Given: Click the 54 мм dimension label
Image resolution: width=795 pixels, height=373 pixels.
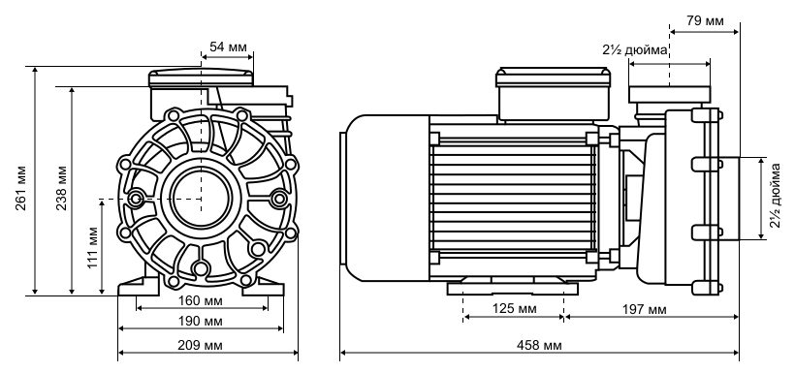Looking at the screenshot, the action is pyautogui.click(x=228, y=47).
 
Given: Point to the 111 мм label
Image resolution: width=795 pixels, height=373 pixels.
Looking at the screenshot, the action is pyautogui.click(x=92, y=247).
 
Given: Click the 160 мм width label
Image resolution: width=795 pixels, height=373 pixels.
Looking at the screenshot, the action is pyautogui.click(x=200, y=300).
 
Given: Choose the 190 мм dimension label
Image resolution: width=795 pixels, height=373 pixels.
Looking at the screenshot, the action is pyautogui.click(x=200, y=321).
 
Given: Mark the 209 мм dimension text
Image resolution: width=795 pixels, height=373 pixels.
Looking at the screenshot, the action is pyautogui.click(x=200, y=345).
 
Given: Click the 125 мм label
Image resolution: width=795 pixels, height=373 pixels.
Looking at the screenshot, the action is pyautogui.click(x=514, y=308).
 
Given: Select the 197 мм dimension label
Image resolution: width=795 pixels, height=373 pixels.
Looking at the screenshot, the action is pyautogui.click(x=645, y=309).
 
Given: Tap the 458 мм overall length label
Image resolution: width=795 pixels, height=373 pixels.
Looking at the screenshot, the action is pyautogui.click(x=539, y=345).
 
